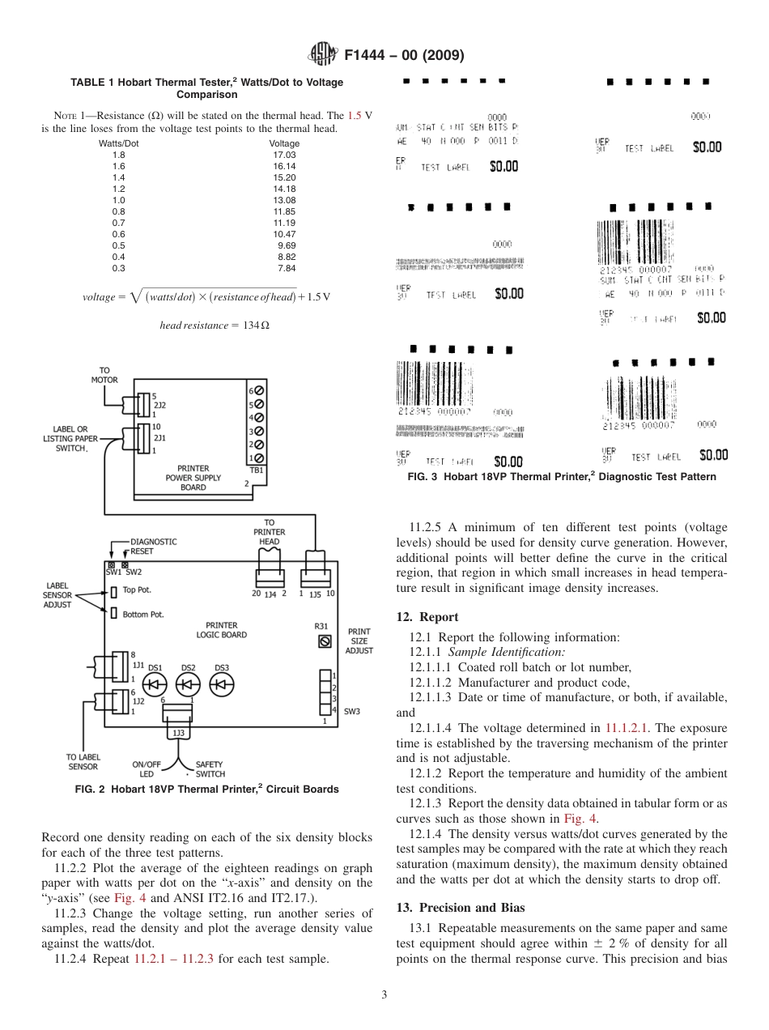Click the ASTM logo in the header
[x=323, y=55]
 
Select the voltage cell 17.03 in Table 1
[x=285, y=155]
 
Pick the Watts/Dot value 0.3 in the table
[x=118, y=268]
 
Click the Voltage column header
[x=284, y=143]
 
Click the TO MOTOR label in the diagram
[x=104, y=375]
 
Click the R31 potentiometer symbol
[x=325, y=641]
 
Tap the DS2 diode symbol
[x=188, y=685]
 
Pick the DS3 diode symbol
[x=222, y=685]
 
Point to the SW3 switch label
[x=351, y=712]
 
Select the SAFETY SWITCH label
[x=210, y=769]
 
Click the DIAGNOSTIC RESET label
[x=153, y=546]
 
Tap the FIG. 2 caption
[x=206, y=789]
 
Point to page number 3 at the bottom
[x=384, y=994]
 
